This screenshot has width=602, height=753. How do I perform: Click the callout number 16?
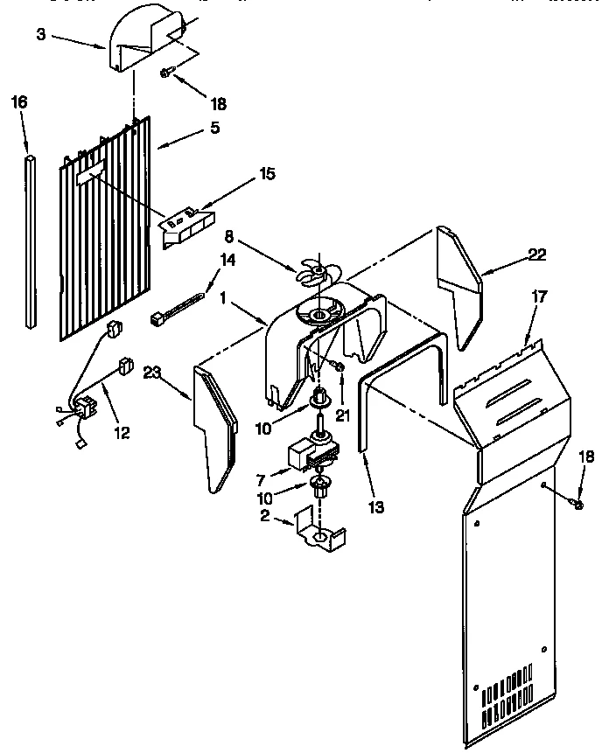click(x=19, y=102)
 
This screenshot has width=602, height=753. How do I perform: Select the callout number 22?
click(x=536, y=254)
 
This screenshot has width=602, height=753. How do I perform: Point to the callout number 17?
click(x=539, y=297)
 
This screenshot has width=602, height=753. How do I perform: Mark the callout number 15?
click(x=265, y=174)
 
